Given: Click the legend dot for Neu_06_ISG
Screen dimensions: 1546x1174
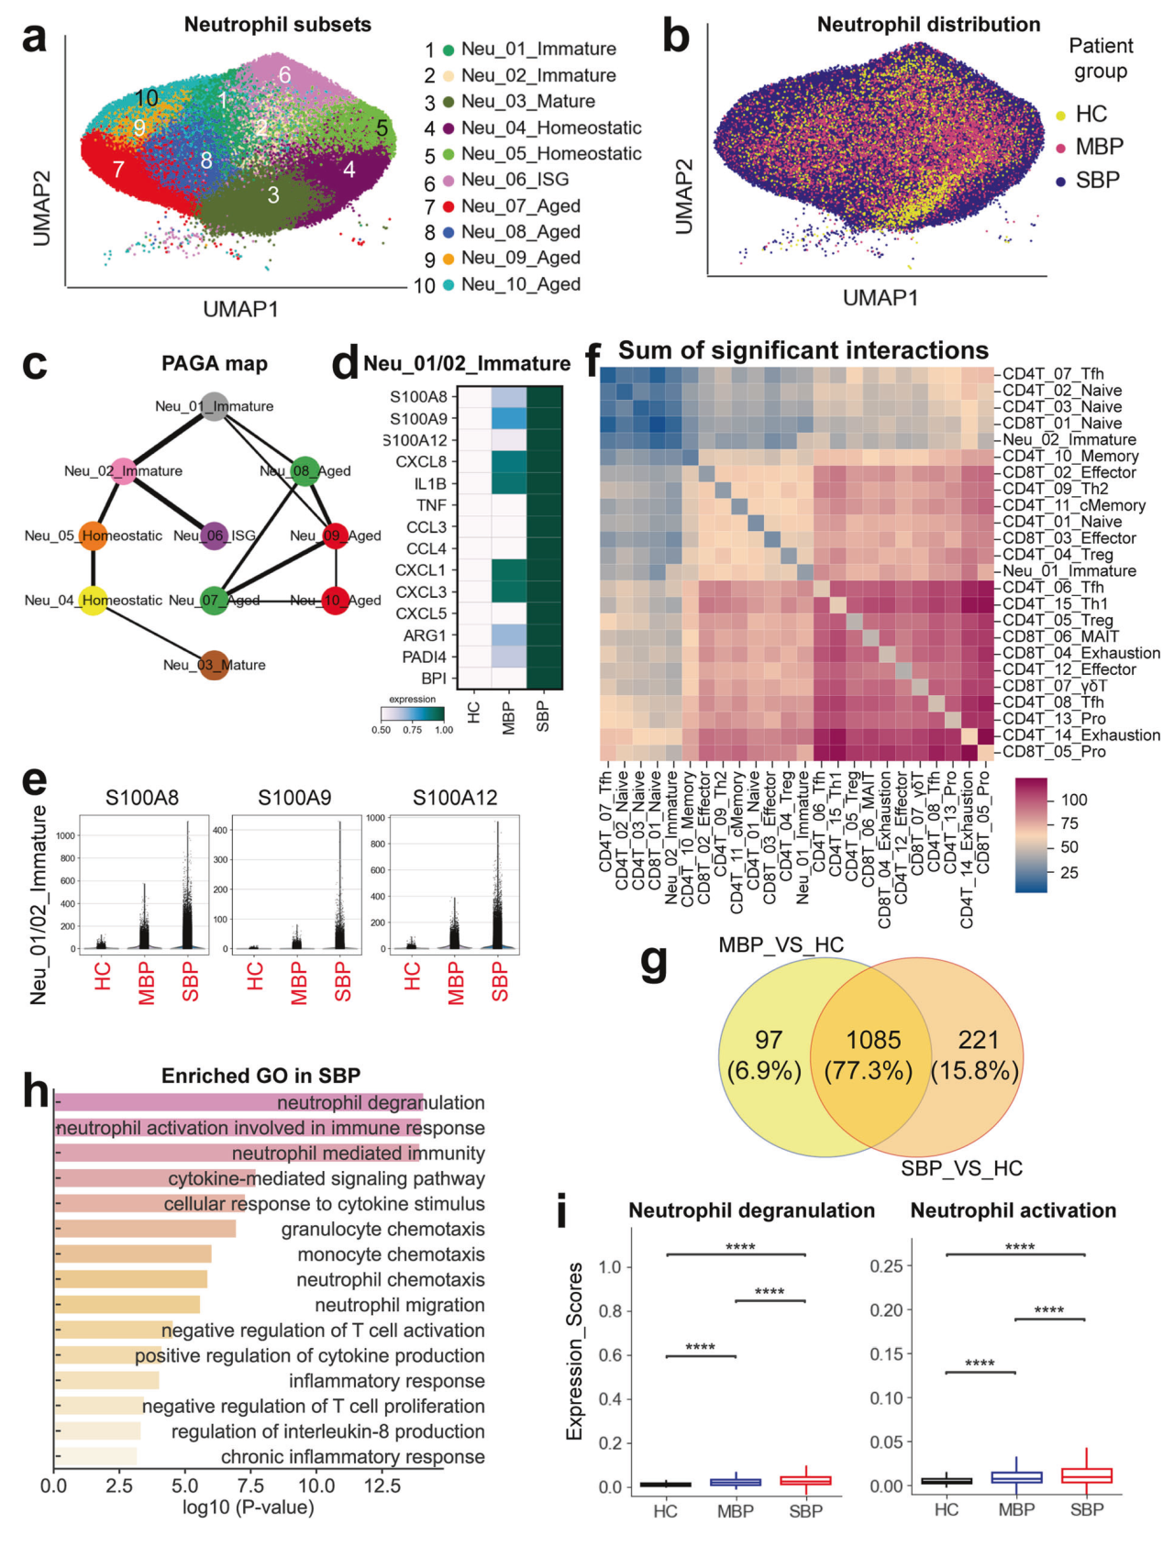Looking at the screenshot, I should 449,181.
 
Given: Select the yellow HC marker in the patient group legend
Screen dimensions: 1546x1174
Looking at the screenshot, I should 1061,116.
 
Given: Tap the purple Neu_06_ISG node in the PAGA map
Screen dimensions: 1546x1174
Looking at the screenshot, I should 215,536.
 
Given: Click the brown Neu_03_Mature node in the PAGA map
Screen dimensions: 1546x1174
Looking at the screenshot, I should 214,665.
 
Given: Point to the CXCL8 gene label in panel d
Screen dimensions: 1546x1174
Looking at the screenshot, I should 421,462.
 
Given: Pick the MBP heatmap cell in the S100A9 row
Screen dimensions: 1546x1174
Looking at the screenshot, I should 509,418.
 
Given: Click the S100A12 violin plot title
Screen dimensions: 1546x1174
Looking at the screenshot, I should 455,798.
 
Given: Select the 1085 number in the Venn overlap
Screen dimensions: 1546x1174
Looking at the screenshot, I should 873,1040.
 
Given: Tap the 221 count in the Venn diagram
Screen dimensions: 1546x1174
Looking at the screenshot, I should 978,1040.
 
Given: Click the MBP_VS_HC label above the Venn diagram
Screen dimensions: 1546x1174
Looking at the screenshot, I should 781,945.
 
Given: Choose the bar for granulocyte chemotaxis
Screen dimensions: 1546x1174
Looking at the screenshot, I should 145,1229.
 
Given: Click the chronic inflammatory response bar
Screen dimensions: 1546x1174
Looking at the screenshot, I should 95,1456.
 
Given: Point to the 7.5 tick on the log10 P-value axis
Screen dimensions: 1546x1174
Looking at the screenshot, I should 251,1485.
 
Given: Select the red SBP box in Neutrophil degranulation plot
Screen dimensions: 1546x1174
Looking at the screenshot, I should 806,1480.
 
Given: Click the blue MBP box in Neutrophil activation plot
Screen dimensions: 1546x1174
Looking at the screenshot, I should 1016,1477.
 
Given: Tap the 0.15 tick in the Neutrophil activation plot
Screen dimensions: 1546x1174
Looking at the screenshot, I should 888,1353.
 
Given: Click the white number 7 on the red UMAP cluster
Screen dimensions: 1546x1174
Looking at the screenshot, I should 118,170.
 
